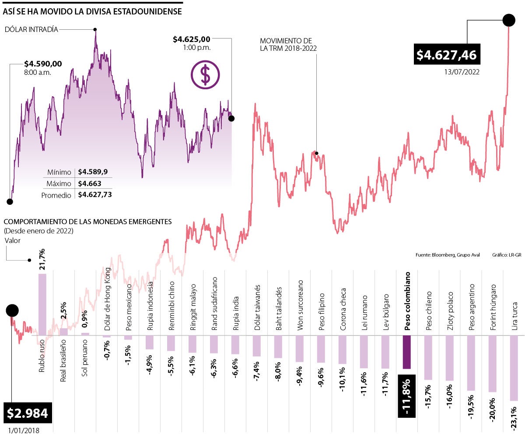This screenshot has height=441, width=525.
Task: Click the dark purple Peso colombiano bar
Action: click(406, 352)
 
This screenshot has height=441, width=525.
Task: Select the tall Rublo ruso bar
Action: click(42, 304)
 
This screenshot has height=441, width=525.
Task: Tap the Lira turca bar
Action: click(514, 368)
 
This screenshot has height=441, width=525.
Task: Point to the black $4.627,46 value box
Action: click(446, 54)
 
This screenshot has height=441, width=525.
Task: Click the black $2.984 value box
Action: click(27, 413)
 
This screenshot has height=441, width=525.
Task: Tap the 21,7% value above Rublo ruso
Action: click(42, 260)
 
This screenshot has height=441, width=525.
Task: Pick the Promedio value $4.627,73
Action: click(94, 195)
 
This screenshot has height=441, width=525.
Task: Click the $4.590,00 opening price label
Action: click(43, 64)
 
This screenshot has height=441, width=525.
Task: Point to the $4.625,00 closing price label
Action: click(192, 40)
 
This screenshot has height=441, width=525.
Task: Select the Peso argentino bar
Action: click(471, 363)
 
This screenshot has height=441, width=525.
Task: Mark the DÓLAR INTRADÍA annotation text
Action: click(31, 29)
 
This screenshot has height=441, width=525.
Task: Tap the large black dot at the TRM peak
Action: click(508, 20)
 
